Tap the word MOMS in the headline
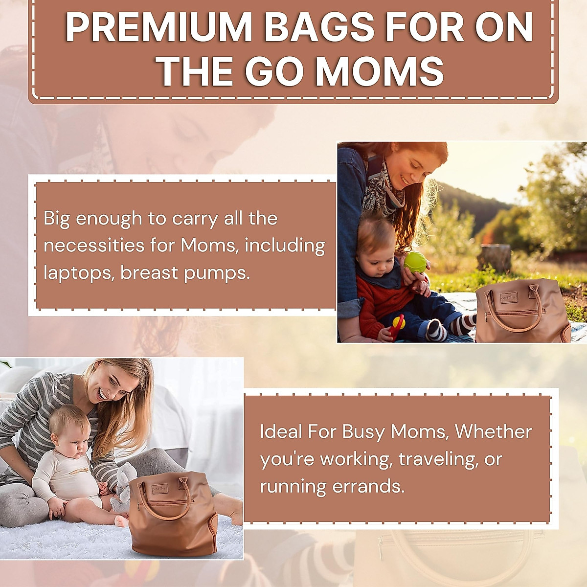tap(379, 72)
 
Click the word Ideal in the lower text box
tap(281, 431)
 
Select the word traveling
tap(438, 459)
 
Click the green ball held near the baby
tap(415, 262)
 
